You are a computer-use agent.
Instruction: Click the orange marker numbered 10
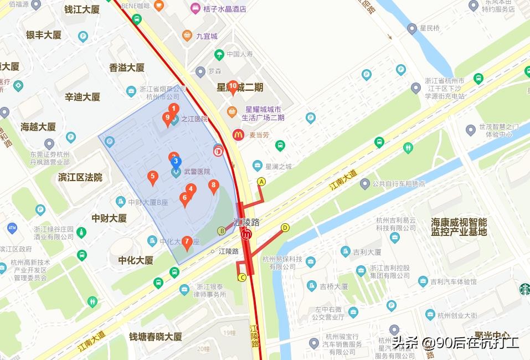233,86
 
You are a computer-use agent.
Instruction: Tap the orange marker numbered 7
187,242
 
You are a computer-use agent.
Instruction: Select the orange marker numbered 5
153,177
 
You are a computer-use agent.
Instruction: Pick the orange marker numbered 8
213,186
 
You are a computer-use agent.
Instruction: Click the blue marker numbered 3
176,162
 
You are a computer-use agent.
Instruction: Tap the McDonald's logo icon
238,135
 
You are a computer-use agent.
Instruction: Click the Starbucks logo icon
524,289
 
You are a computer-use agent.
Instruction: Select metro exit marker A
261,181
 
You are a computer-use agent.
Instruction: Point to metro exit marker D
285,227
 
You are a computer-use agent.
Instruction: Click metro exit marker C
241,277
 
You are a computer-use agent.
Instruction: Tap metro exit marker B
222,230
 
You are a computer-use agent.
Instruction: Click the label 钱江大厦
82,9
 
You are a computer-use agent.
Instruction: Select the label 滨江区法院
80,177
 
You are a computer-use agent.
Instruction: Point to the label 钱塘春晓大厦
155,336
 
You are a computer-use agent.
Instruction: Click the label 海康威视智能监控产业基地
459,227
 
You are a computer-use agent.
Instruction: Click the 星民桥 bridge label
429,28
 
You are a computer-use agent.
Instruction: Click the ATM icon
12,228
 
